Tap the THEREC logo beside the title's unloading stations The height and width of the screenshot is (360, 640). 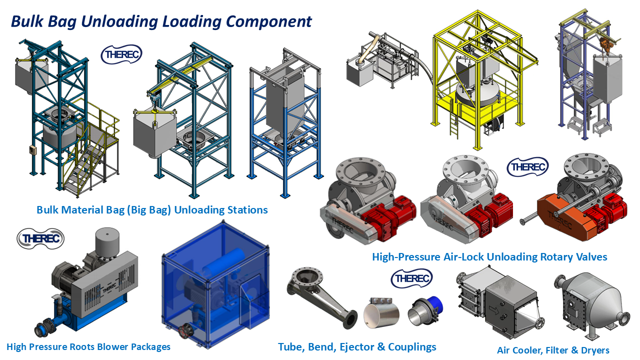click(121, 54)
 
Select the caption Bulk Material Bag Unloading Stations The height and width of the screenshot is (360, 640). click(152, 210)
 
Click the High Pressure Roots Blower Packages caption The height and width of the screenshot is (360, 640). click(88, 347)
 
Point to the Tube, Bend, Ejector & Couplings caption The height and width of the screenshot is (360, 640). click(357, 347)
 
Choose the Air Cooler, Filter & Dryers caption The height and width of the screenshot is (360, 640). click(553, 350)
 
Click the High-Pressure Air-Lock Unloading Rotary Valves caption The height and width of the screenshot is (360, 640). click(489, 257)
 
